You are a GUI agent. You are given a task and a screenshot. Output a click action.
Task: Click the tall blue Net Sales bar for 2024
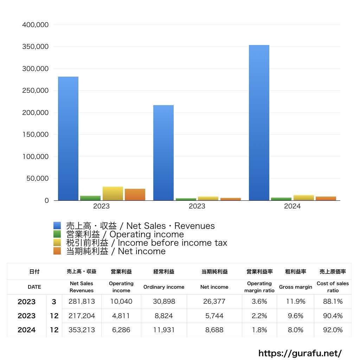point(259,123)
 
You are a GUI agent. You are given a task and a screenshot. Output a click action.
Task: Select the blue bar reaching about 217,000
point(163,153)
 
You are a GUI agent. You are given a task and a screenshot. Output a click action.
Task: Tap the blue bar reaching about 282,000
point(68,139)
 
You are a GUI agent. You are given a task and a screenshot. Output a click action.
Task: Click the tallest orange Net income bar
point(135,195)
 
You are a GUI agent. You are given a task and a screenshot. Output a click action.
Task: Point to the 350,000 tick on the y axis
point(35,47)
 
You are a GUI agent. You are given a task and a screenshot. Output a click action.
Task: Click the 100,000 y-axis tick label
point(35,156)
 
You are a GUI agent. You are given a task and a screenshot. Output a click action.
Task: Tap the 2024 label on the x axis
point(292,206)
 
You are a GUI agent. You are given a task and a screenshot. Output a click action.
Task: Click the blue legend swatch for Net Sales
point(57,226)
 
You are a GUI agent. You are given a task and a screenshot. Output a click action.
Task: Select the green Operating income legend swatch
point(57,234)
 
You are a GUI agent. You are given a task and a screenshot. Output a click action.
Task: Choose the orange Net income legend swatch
point(57,251)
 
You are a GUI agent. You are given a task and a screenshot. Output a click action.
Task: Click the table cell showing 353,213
point(82,330)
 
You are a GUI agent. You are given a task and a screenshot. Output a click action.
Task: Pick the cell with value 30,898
point(164,302)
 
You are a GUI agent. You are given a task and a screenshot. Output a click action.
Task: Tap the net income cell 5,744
point(214,316)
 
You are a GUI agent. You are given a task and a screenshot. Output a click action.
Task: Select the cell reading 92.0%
point(333,330)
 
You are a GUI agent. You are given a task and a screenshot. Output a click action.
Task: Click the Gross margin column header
point(295,287)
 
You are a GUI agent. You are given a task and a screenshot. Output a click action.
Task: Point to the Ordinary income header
point(164,287)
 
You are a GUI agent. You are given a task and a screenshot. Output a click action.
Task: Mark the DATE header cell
point(34,287)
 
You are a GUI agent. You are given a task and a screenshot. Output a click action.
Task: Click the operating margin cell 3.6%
point(259,302)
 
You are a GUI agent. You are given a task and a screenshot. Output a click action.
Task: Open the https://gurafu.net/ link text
point(300,353)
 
